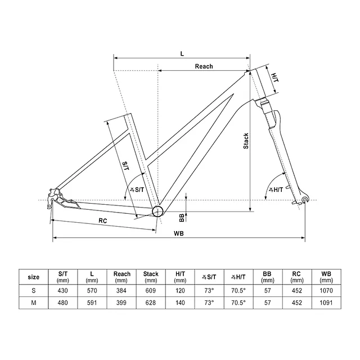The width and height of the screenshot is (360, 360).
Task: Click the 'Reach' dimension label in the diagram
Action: [204, 66]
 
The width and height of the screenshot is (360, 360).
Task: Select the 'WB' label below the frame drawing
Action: [179, 233]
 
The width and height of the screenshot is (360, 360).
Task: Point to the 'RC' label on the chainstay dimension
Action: [103, 221]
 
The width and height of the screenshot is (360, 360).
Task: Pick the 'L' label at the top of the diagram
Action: [182, 53]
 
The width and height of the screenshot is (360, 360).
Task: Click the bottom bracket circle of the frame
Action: [157, 211]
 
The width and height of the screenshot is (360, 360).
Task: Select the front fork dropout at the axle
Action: [305, 200]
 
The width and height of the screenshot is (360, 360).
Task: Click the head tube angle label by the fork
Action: [277, 190]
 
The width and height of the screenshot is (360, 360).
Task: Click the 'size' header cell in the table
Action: [34, 277]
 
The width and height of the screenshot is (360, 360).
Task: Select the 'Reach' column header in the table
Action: [122, 277]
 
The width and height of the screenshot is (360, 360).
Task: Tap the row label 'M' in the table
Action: [34, 302]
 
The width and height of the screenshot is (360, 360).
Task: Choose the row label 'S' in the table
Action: [34, 290]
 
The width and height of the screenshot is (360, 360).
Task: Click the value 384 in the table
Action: [122, 290]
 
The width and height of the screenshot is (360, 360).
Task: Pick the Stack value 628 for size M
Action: [151, 302]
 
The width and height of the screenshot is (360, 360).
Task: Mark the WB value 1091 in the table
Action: [326, 302]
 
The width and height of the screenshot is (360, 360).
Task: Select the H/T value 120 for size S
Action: [180, 290]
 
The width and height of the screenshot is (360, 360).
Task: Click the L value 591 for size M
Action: [92, 302]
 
